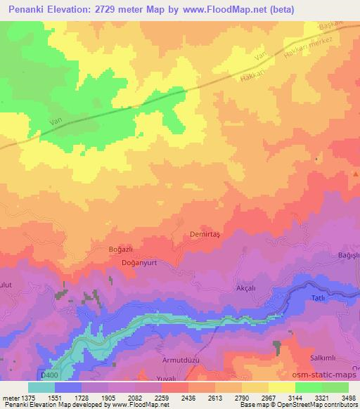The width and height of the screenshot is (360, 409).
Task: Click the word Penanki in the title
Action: tap(27, 8)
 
